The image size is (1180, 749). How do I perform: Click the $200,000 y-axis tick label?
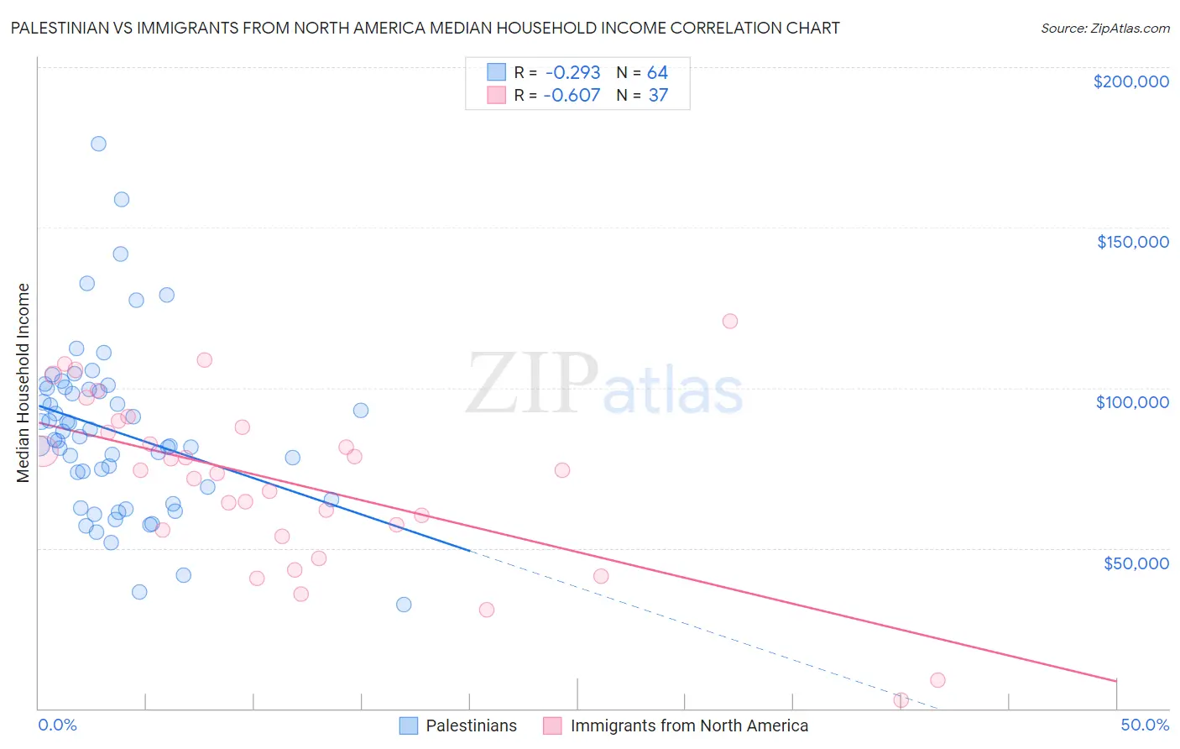(1130, 81)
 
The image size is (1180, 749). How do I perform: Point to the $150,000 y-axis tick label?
(1132, 242)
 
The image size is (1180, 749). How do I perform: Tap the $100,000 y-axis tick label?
(1132, 402)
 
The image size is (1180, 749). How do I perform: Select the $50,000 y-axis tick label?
(1136, 563)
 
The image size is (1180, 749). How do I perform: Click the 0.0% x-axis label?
(57, 725)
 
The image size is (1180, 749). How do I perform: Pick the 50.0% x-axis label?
(1144, 725)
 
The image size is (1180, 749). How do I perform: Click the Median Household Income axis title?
(23, 383)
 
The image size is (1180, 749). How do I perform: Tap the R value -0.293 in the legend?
(572, 73)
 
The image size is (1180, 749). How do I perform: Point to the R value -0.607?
(572, 96)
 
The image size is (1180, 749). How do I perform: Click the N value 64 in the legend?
(657, 73)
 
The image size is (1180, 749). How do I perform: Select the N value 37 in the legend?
(658, 96)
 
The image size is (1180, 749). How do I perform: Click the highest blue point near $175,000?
(98, 144)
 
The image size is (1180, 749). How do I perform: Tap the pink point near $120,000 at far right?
(730, 321)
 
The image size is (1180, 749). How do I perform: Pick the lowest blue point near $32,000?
(404, 605)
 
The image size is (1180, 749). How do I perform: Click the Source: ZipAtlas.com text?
(1104, 29)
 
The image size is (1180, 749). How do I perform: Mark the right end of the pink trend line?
(1116, 680)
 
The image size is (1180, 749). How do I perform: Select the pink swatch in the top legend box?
(497, 96)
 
